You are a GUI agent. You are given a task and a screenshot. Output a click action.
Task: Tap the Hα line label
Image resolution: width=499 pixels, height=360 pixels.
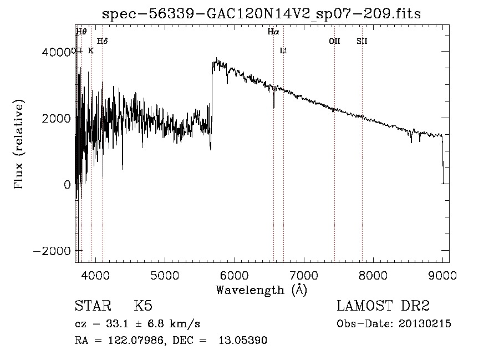click(x=273, y=32)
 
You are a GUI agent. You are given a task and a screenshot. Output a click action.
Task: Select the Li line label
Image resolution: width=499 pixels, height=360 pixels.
click(x=283, y=51)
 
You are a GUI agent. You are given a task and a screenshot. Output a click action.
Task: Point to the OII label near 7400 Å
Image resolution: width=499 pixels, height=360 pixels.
click(x=334, y=41)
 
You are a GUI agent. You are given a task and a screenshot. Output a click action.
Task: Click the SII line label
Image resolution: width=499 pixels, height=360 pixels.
click(x=362, y=41)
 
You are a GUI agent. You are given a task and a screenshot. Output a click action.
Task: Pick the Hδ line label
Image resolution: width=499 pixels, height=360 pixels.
click(x=102, y=41)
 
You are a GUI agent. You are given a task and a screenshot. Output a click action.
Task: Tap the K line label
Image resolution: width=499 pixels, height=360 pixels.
click(x=91, y=50)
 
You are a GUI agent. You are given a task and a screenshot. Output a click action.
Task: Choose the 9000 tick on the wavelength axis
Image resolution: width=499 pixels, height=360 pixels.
click(x=442, y=274)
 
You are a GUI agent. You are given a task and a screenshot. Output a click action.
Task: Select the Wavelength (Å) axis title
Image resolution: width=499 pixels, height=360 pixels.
click(x=261, y=290)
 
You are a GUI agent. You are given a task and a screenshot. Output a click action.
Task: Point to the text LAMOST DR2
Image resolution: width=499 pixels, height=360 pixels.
click(x=383, y=307)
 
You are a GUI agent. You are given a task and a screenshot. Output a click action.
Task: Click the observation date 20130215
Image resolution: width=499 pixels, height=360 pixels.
click(x=424, y=324)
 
